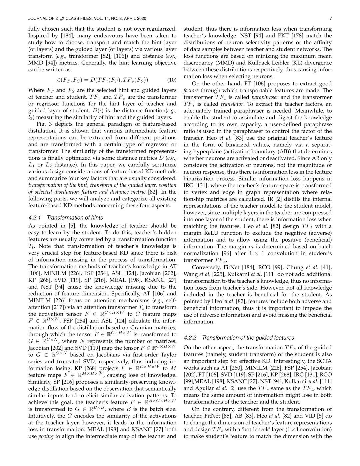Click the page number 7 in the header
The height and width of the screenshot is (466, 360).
coord(330,18)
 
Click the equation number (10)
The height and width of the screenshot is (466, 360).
coord(171,80)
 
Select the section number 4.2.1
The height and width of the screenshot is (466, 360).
coord(35,218)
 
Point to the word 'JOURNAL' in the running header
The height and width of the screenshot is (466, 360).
coord(39,18)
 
